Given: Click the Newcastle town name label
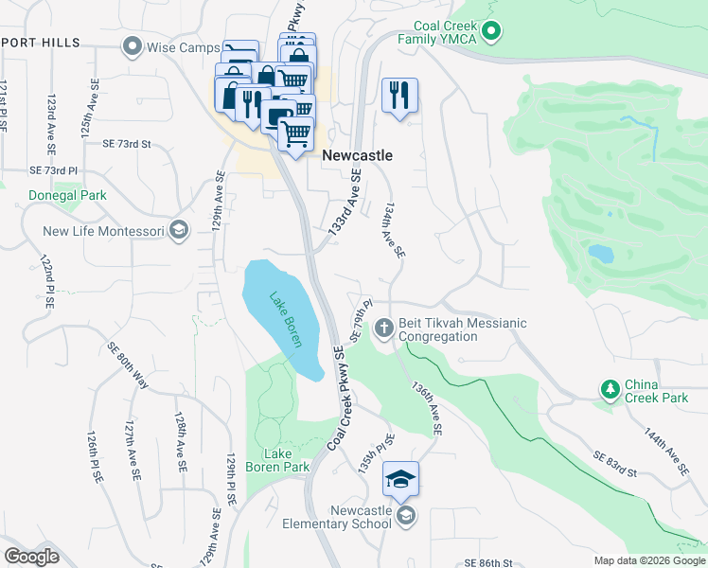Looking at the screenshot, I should tap(357, 155).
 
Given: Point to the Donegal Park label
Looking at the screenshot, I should tap(66, 195).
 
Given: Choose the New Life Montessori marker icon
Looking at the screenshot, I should tap(177, 231).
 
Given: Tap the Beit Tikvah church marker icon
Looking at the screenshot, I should tap(383, 329).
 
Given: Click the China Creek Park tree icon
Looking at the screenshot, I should tap(611, 388).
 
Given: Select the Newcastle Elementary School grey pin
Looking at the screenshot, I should tap(406, 515).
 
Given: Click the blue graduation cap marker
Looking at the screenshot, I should tap(400, 479).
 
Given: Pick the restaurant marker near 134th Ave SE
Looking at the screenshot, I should tap(400, 95).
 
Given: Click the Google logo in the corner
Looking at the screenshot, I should tap(31, 557).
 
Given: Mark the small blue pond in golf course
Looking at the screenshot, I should tap(600, 253).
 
